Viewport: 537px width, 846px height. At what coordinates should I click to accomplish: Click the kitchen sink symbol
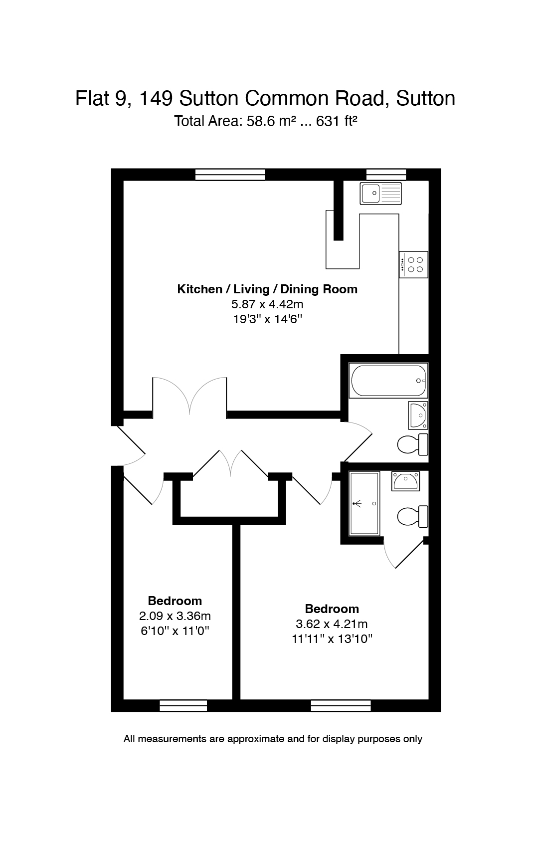pyautogui.click(x=381, y=194)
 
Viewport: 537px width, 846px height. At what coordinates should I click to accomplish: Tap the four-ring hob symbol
pyautogui.click(x=413, y=264)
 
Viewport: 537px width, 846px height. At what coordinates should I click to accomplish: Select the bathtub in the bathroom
pyautogui.click(x=388, y=381)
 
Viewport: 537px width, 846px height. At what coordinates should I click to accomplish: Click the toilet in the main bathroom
pyautogui.click(x=413, y=444)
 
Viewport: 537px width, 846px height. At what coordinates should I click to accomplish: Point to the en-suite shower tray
pyautogui.click(x=364, y=504)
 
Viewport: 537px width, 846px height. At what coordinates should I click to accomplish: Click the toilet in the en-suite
pyautogui.click(x=413, y=516)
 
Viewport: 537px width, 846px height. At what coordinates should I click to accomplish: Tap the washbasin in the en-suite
pyautogui.click(x=405, y=481)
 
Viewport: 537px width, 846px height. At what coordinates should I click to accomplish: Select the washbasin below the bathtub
pyautogui.click(x=418, y=415)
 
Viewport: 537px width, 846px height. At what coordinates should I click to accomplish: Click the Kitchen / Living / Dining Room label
pyautogui.click(x=267, y=289)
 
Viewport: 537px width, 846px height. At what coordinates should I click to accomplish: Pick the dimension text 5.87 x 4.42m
pyautogui.click(x=267, y=304)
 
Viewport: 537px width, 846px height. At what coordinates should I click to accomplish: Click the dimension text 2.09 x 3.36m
pyautogui.click(x=176, y=616)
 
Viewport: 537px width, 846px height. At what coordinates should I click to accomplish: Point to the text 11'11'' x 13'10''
pyautogui.click(x=332, y=638)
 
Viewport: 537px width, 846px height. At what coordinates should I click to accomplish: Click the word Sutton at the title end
pyautogui.click(x=425, y=98)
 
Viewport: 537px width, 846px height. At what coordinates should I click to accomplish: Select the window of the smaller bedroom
pyautogui.click(x=183, y=705)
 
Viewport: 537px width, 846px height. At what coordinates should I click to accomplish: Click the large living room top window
pyautogui.click(x=230, y=174)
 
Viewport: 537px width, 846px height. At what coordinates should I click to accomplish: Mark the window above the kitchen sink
pyautogui.click(x=386, y=174)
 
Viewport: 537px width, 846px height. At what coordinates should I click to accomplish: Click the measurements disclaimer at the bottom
pyautogui.click(x=273, y=739)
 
